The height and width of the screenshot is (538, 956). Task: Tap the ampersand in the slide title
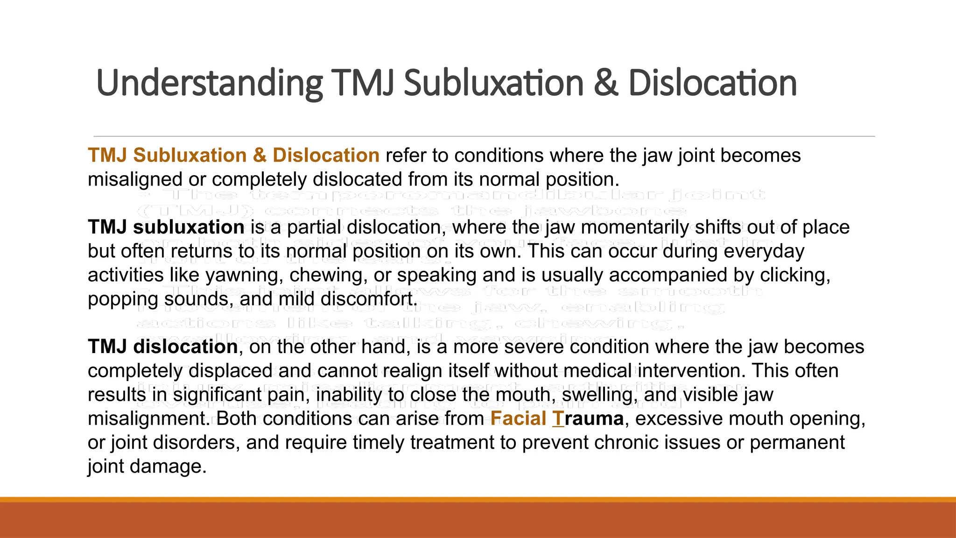(606, 83)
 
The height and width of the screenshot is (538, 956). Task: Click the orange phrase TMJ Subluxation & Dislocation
(233, 155)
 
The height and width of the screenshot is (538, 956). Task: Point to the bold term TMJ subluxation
(166, 227)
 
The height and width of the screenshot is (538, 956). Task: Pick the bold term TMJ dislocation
(163, 347)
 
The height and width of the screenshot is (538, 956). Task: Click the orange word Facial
(518, 418)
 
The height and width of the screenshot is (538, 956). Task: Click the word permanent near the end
(797, 442)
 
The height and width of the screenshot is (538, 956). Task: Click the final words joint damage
(147, 466)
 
